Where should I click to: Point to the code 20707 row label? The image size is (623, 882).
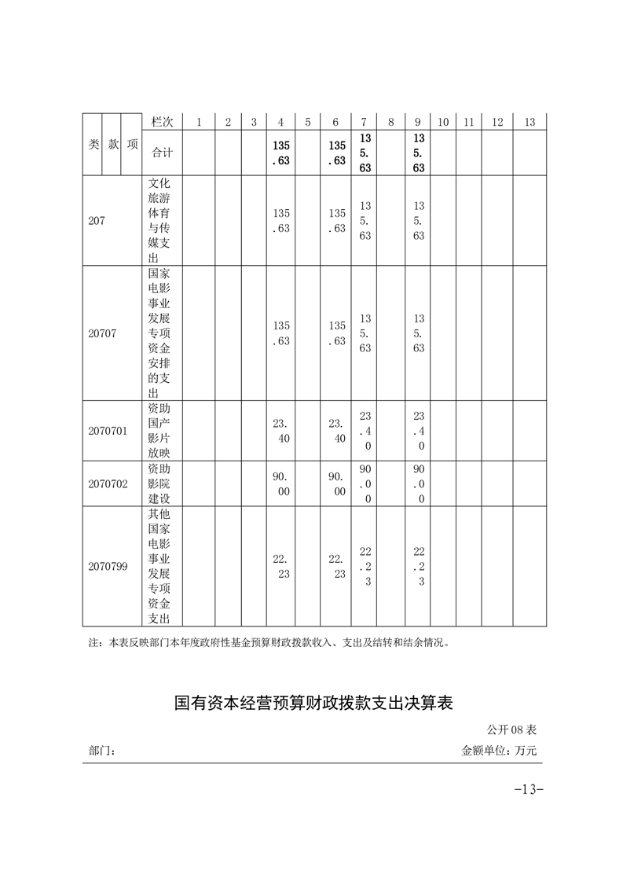(102, 333)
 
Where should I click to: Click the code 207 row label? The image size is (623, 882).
(97, 221)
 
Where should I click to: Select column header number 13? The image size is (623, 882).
(529, 122)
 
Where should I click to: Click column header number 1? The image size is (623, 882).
(199, 122)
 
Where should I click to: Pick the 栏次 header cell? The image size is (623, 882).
(162, 122)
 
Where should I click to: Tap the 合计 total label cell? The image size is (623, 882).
(162, 153)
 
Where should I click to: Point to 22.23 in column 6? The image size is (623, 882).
(336, 566)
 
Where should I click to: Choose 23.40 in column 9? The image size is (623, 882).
(419, 431)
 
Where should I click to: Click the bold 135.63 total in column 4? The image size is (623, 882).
(281, 153)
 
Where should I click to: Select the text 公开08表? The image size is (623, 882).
(511, 730)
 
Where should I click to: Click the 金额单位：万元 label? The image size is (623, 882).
(499, 751)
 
